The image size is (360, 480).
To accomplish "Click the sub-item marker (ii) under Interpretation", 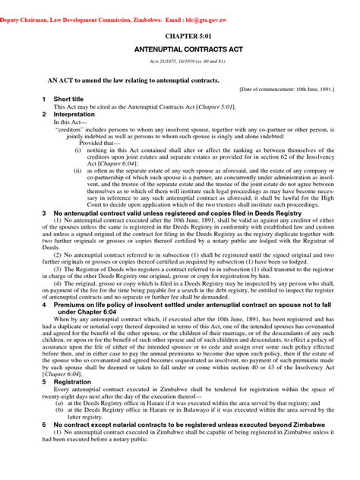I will [79, 172].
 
